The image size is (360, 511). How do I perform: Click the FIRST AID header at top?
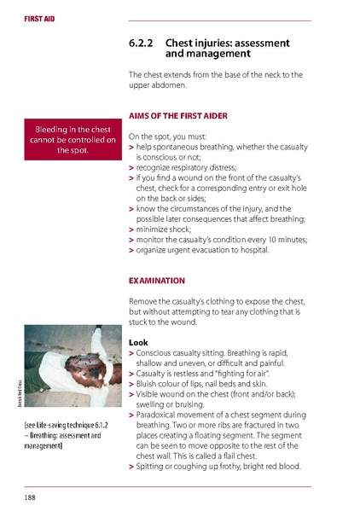pos(27,17)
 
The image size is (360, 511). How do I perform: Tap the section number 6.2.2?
pos(141,42)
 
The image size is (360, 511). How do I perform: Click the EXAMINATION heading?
pos(156,280)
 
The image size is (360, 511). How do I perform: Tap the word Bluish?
pos(152,383)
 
